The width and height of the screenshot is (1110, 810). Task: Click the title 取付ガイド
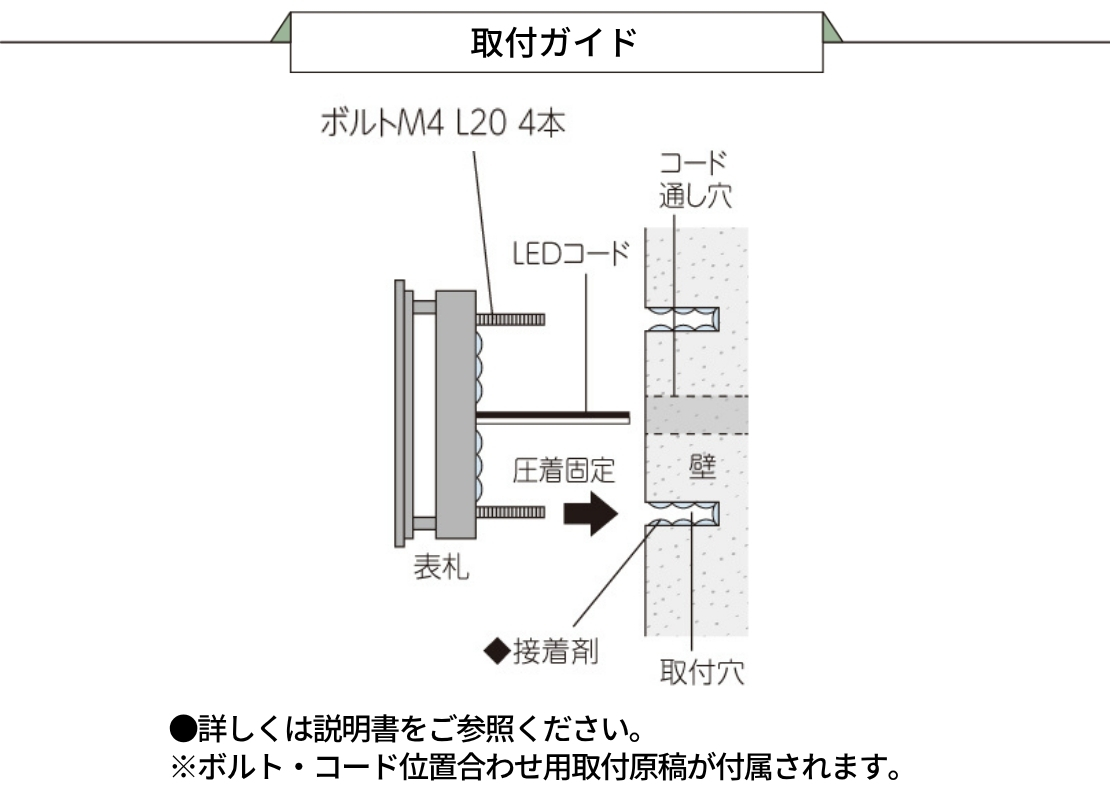point(554,42)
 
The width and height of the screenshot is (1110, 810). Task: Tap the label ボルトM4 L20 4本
point(443,123)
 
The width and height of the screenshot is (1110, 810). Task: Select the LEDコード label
point(571,253)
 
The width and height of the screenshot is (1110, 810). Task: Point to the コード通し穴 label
point(694,180)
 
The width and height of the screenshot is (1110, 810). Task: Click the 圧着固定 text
point(563,470)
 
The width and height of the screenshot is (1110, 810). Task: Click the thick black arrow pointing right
point(590,514)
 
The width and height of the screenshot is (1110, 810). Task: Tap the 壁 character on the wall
point(702,466)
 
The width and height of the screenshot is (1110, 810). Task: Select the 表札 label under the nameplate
point(440,567)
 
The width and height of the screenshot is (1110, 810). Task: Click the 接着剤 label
point(556,651)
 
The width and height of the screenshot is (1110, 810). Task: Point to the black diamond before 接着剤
point(497,651)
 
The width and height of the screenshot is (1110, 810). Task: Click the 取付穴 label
point(702,672)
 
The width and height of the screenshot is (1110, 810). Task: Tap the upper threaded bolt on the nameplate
point(510,319)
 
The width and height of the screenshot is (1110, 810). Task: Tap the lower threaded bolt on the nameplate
point(510,512)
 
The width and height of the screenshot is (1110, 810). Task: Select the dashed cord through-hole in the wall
point(697,415)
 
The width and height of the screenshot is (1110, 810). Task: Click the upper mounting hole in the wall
point(682,320)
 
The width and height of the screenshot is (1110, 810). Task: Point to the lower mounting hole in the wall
point(682,513)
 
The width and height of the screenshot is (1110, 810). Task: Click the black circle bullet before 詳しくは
point(183,729)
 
